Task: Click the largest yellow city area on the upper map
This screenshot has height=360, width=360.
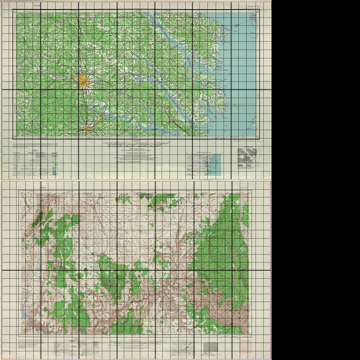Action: (x=83, y=81)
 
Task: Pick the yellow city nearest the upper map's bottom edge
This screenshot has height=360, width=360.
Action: (x=89, y=130)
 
